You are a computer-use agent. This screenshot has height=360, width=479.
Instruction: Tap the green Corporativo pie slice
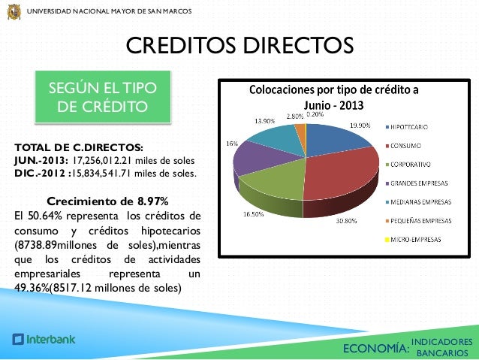(x=270, y=188)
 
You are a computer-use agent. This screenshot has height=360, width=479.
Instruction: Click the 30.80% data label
(x=345, y=220)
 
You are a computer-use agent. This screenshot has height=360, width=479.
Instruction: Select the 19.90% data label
(x=360, y=126)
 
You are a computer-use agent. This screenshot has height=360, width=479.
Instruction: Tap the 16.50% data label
(x=252, y=215)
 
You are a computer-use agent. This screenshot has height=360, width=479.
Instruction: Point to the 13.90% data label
(x=264, y=120)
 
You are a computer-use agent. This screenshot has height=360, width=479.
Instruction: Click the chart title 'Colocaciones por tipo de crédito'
(x=334, y=90)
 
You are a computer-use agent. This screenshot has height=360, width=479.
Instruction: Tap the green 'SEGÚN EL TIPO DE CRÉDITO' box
(x=103, y=97)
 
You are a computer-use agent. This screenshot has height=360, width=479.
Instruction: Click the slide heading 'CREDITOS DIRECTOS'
(x=239, y=46)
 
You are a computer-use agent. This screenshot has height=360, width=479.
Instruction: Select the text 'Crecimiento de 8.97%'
(x=107, y=201)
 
